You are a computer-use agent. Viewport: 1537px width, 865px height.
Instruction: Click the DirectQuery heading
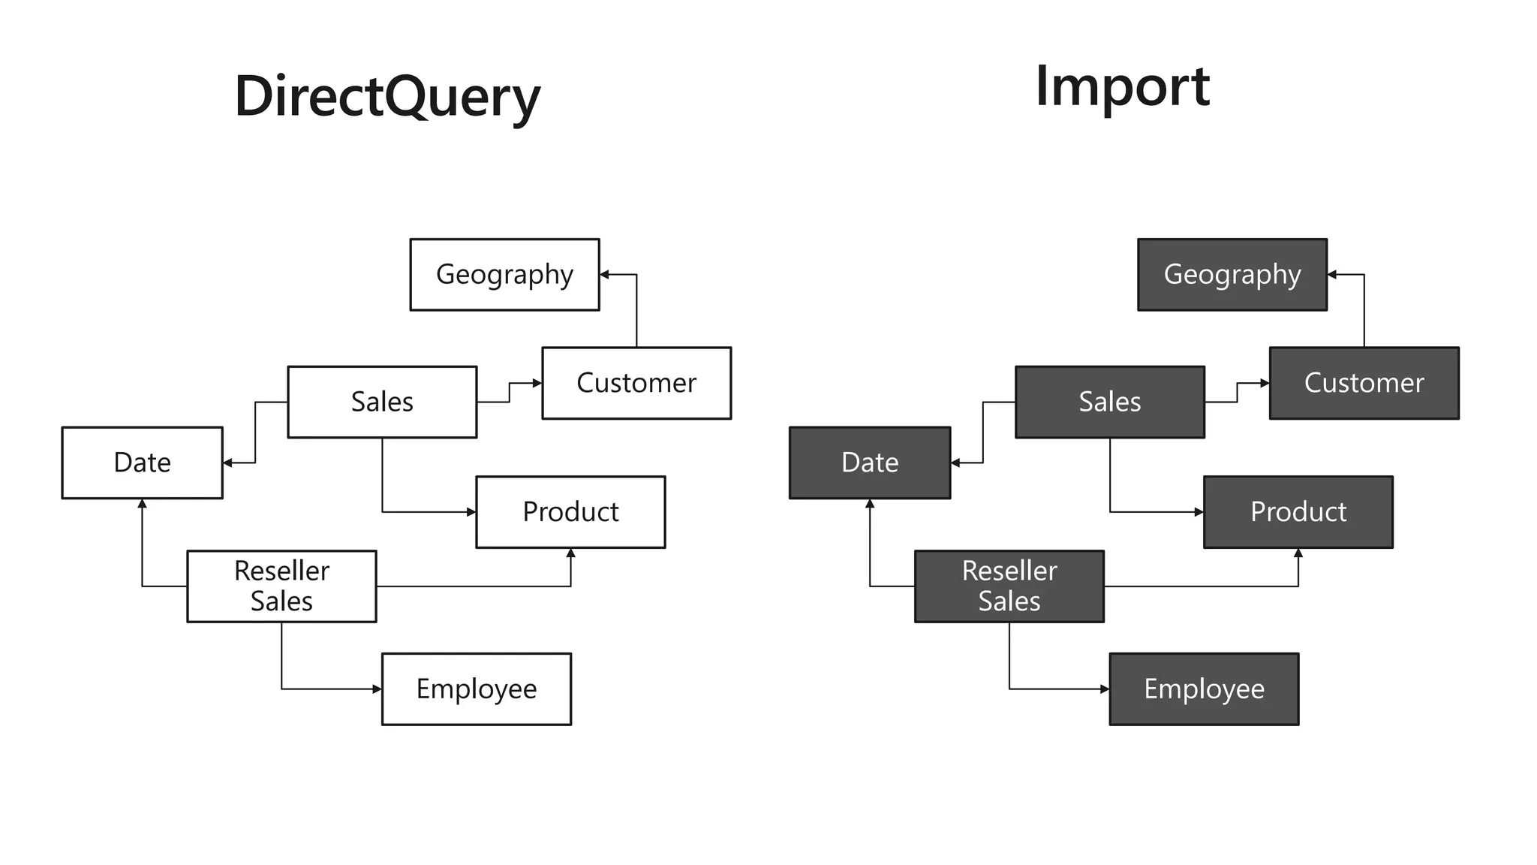387,96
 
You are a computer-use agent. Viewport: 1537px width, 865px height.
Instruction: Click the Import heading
1122,86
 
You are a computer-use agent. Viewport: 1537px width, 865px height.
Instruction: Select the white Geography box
504,274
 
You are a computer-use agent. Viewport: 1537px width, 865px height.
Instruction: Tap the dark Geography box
1232,274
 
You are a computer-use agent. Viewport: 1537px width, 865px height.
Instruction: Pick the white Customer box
636,383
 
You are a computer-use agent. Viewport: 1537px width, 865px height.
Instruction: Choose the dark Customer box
1364,383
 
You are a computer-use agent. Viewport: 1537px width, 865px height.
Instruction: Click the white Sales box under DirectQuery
382,402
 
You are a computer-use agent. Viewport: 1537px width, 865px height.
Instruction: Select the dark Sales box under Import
1109,402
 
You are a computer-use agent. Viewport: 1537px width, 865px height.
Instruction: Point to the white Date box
142,463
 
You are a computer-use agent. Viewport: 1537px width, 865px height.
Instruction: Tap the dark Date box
870,463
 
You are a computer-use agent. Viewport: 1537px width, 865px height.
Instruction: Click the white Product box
570,512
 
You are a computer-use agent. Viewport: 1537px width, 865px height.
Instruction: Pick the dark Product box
1298,512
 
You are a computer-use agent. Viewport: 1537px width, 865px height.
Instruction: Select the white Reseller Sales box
281,586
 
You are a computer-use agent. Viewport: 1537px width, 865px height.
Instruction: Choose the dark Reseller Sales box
1009,586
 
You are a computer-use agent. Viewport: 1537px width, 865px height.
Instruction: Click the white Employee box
477,689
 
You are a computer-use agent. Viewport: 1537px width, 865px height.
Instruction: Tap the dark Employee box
1204,689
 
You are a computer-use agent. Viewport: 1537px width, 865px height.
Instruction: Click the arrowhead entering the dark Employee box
1105,689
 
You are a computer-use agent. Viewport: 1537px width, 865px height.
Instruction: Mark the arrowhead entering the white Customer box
537,383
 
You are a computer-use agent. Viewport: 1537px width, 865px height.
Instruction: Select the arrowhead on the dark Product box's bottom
1298,553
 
